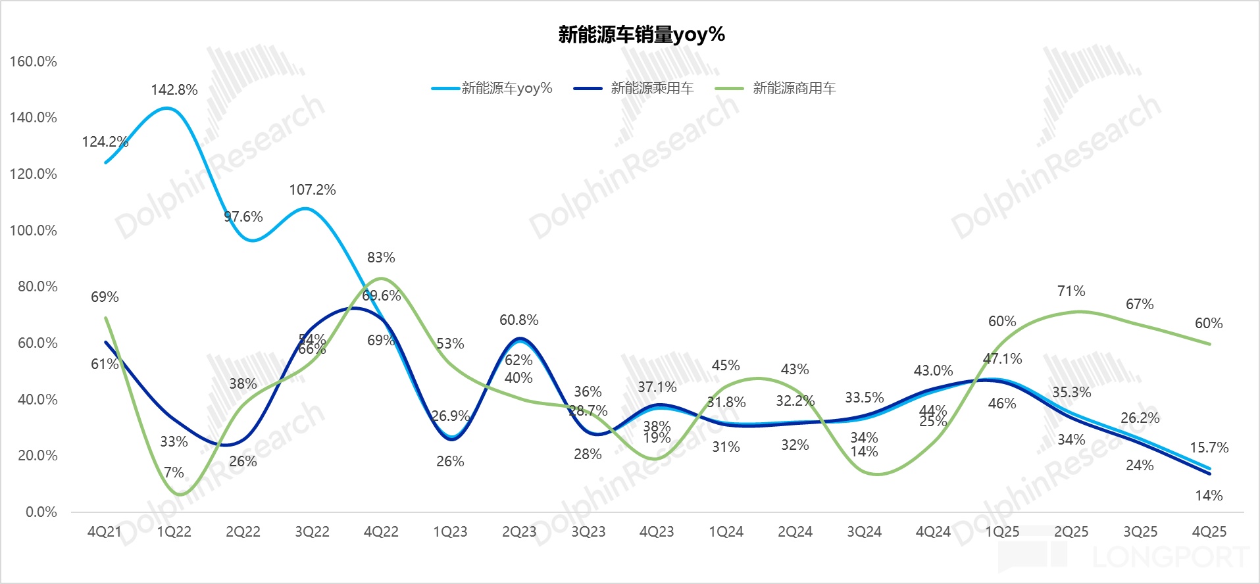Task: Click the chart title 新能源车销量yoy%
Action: [x=642, y=34]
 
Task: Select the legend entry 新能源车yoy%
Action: [x=507, y=88]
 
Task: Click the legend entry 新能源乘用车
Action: [x=651, y=88]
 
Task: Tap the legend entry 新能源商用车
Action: [x=794, y=88]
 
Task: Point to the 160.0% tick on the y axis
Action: [x=33, y=62]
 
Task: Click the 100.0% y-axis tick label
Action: [x=33, y=231]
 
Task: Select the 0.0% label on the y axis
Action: [x=41, y=512]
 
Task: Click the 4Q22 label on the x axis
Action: [x=381, y=532]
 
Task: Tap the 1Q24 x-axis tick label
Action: [x=726, y=532]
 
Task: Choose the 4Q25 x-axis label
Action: [x=1209, y=532]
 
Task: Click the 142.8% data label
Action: [x=174, y=90]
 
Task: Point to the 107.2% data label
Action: [x=312, y=190]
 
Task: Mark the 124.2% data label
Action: [x=105, y=142]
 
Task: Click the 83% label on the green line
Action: [x=381, y=258]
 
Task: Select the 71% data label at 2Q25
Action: [x=1071, y=291]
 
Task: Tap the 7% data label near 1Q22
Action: [x=174, y=473]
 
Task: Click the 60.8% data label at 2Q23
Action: [x=518, y=320]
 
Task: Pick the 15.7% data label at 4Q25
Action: [x=1209, y=448]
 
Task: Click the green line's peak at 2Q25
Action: [x=1078, y=312]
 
